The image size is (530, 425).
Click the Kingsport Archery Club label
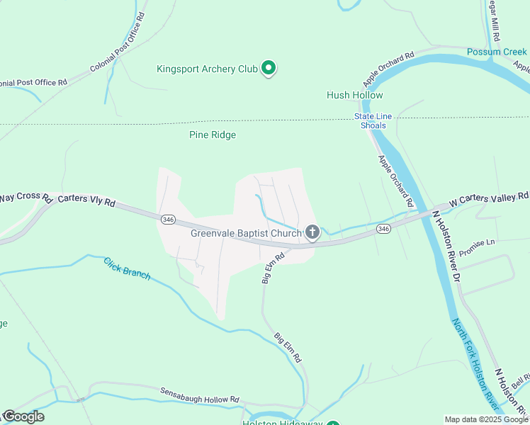pos(206,69)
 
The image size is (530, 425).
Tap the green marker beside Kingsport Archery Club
pos(269,68)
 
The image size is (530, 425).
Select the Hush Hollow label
pos(354,95)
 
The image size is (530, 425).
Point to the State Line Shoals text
pos(371,121)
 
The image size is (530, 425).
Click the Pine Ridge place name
pos(213,135)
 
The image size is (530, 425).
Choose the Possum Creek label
pos(497,52)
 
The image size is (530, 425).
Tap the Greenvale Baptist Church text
pos(246,233)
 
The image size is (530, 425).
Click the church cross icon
pos(312,232)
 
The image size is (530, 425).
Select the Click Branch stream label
pos(127,268)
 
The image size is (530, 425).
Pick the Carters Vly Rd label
pos(86,200)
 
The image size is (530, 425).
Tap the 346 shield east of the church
pos(383,228)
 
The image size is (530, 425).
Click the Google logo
pos(23,416)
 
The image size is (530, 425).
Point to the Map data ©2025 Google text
pos(486,419)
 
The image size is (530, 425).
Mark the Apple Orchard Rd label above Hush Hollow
pos(388,68)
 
